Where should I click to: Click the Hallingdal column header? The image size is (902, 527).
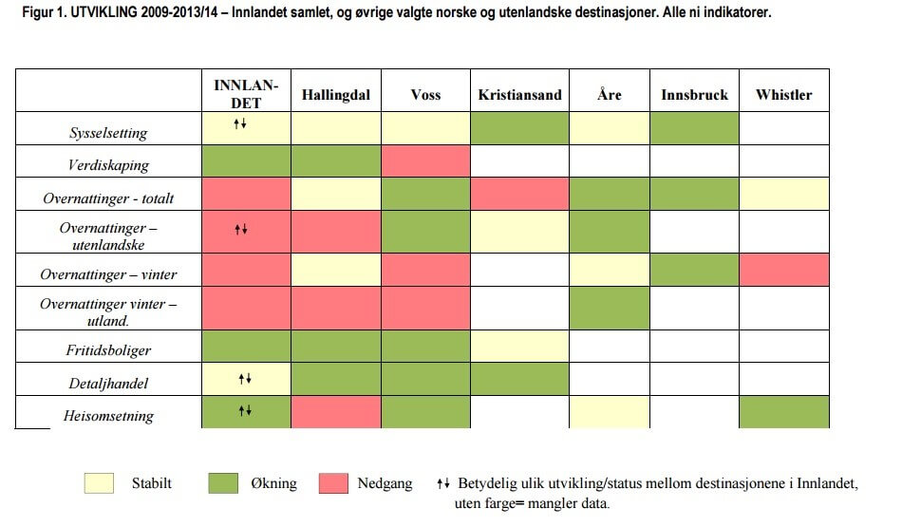tap(335, 95)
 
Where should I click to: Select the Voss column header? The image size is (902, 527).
tap(425, 95)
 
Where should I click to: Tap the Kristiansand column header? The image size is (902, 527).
tap(519, 95)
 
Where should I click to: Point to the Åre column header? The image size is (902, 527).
tap(609, 95)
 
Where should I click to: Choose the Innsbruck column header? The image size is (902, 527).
tap(694, 95)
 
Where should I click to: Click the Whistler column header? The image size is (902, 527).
tap(783, 95)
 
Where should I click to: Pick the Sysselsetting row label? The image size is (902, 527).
tap(108, 133)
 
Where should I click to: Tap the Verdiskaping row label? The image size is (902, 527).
tap(108, 165)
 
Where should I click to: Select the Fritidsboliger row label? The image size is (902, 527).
tap(108, 350)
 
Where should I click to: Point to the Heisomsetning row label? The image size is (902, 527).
tap(108, 416)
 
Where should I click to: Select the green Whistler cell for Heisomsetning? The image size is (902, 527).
tap(783, 412)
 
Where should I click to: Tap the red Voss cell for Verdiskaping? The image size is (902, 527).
tap(425, 161)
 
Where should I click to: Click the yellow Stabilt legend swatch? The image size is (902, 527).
tap(100, 483)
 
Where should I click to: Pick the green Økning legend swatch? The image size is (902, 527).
tap(223, 483)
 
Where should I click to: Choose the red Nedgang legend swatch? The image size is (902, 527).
tap(333, 483)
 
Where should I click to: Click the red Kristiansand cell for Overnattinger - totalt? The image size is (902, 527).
tap(519, 194)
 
